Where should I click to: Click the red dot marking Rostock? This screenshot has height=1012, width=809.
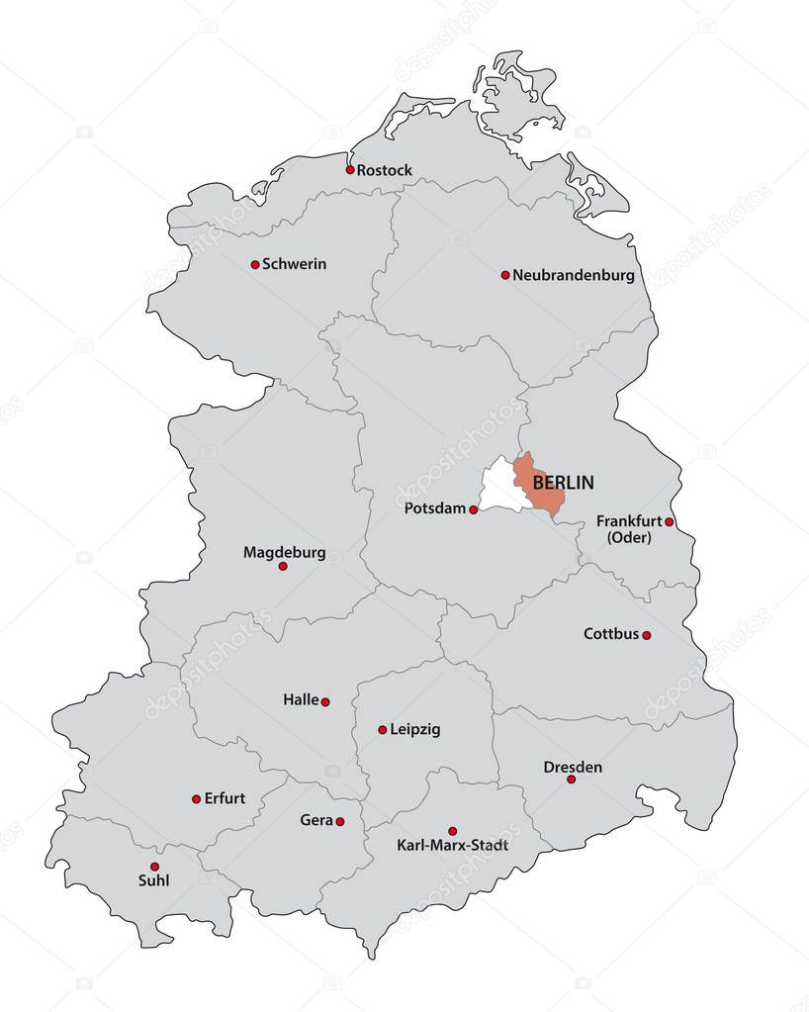(x=350, y=169)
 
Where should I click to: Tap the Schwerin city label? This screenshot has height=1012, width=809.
(x=294, y=264)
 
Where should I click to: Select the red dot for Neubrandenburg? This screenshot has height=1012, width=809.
(x=505, y=275)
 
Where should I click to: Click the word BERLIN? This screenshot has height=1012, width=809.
(x=563, y=483)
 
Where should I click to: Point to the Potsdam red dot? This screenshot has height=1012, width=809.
(x=474, y=509)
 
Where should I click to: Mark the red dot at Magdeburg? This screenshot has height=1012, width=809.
(x=283, y=566)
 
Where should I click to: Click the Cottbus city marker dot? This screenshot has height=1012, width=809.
(x=647, y=635)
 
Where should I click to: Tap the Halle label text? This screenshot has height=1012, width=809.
(x=301, y=699)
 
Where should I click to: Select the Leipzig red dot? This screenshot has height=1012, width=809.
(x=383, y=730)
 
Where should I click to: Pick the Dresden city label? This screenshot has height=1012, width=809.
(x=573, y=767)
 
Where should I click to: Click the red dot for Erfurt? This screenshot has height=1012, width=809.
(x=196, y=798)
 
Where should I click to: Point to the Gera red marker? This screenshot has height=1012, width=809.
(x=340, y=821)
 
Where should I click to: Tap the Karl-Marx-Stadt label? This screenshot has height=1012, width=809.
(x=452, y=846)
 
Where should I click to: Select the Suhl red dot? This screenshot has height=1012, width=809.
(x=154, y=866)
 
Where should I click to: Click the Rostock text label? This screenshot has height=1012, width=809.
(x=385, y=170)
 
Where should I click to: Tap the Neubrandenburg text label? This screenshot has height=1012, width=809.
(x=574, y=275)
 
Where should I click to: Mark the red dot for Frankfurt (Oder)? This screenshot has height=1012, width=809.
(x=670, y=521)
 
